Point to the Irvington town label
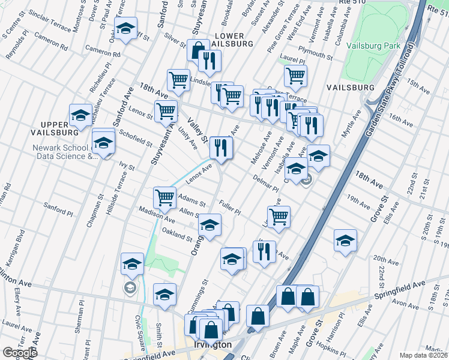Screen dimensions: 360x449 click(212, 345)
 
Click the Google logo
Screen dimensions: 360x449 click(19, 353)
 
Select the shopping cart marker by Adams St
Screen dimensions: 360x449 click(164, 197)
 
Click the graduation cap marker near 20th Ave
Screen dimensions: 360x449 click(345, 241)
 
